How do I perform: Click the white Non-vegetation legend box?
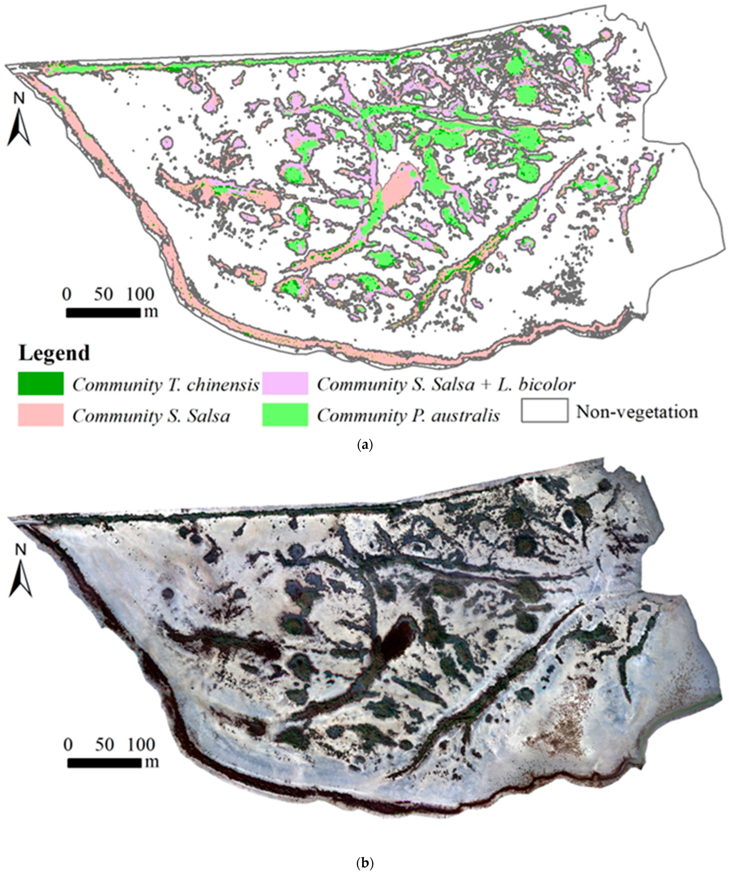[544, 411]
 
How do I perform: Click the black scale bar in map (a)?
[103, 313]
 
